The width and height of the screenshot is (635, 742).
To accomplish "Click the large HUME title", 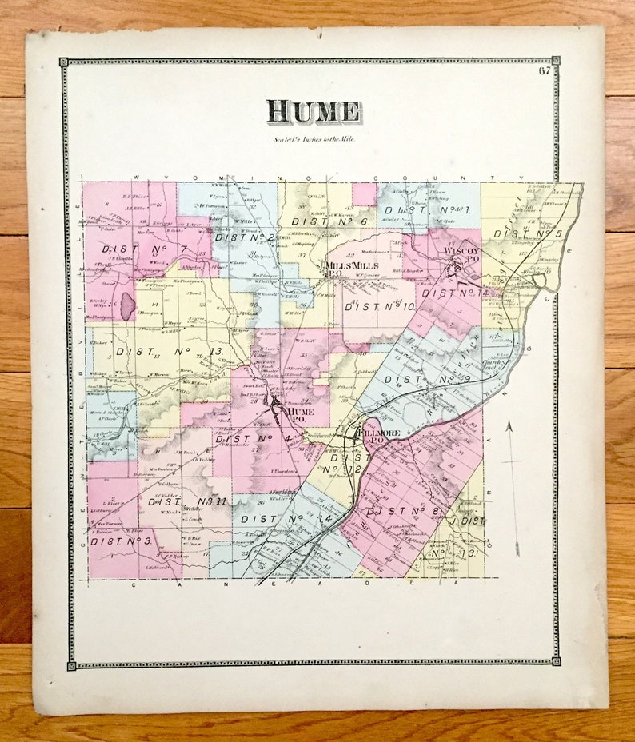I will [x=313, y=111].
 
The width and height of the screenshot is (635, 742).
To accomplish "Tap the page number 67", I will [x=545, y=70].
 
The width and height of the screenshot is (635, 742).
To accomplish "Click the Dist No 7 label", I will [x=144, y=249].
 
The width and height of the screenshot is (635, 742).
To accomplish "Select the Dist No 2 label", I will [x=245, y=237].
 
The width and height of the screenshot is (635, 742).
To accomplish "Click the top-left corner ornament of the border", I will [x=64, y=62].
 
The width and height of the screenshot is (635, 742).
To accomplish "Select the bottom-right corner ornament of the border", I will [x=555, y=661].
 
